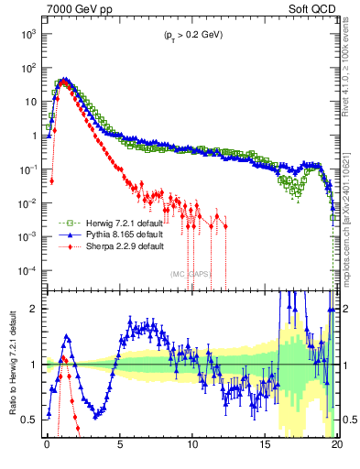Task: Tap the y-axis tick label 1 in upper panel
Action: pos(32,136)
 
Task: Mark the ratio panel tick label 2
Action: pos(34,309)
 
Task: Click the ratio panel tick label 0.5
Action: pos(29,420)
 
